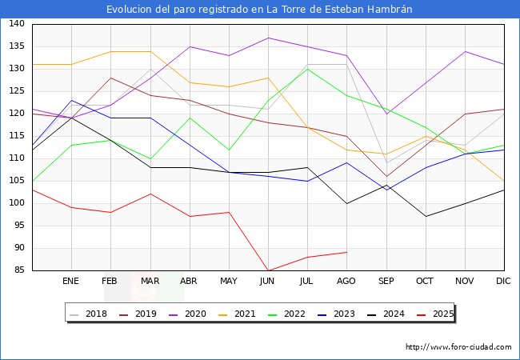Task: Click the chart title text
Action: (260, 10)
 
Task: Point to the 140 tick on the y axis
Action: (16, 24)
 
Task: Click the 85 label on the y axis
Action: (18, 270)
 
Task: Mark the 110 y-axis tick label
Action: (16, 158)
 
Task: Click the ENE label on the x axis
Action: (71, 281)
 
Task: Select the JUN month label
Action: (268, 281)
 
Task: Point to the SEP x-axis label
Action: (386, 281)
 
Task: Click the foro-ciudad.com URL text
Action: (458, 347)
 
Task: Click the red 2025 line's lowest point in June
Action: (268, 270)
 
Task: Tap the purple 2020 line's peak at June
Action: (268, 38)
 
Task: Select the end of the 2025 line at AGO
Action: (346, 252)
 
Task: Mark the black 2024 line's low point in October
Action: (425, 216)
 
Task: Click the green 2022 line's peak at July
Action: (307, 69)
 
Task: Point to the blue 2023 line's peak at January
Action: (71, 100)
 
